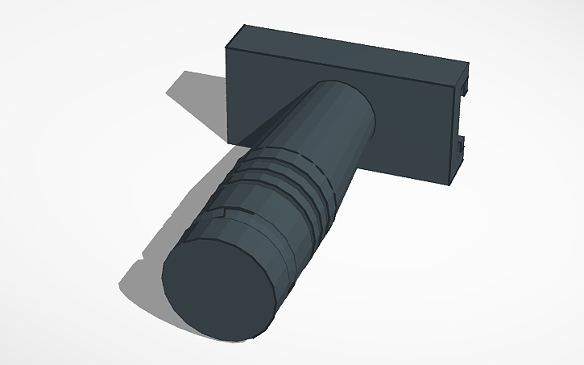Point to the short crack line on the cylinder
pyautogui.click(x=216, y=214)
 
